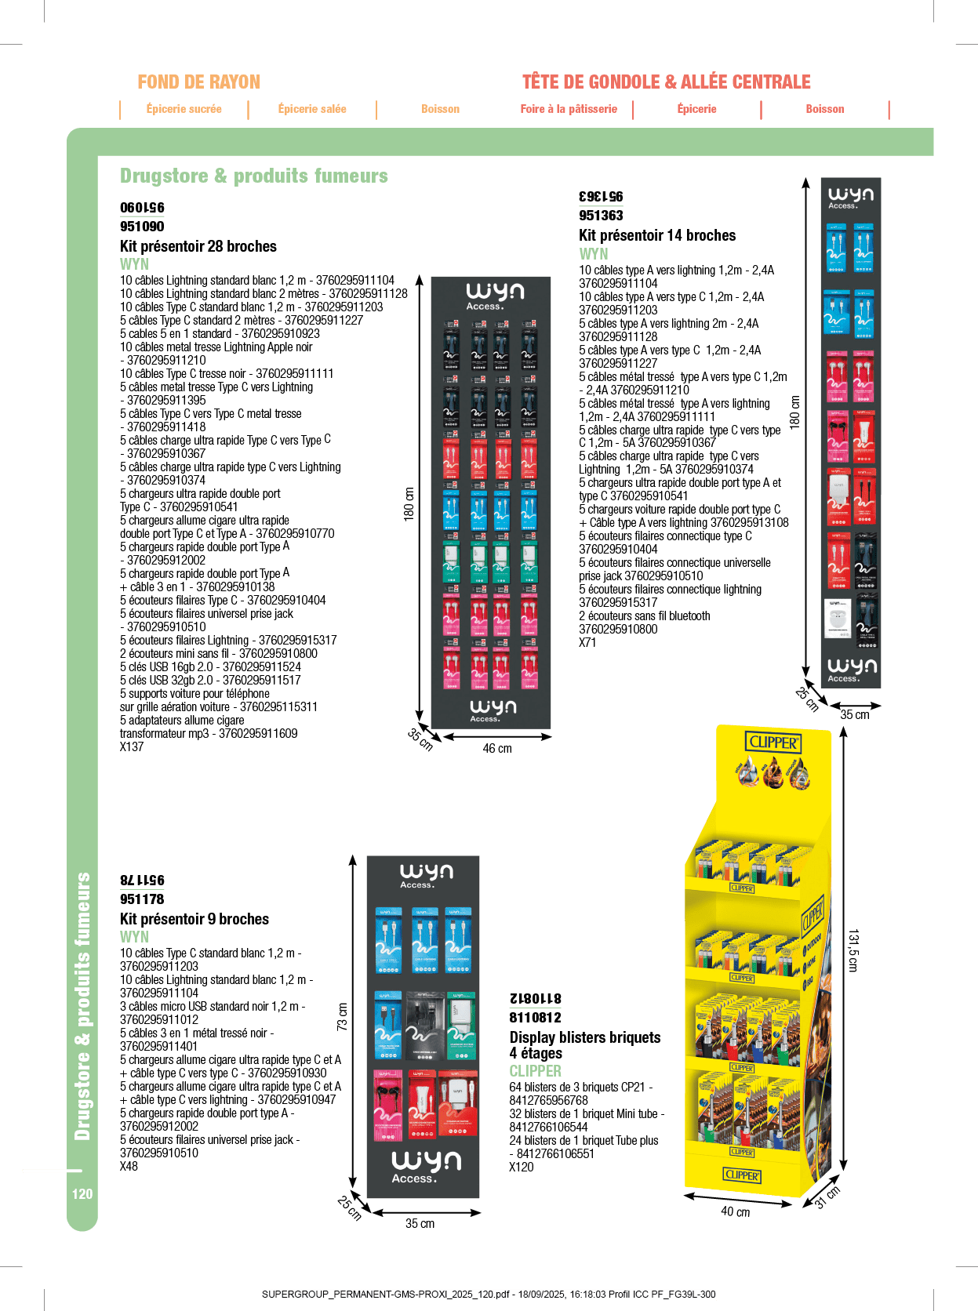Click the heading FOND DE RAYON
coord(198,82)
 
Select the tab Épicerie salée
coord(312,109)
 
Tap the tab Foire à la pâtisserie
coord(569,109)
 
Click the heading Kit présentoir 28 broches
coord(198,246)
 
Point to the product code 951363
coord(601,216)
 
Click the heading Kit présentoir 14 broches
coord(657,235)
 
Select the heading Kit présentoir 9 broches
coord(195,919)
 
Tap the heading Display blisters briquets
coord(585,1037)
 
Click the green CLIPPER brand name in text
coord(535,1071)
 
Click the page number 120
coord(82,1194)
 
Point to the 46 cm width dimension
coord(496,749)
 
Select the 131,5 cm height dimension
coord(853,951)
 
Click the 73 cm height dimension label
coord(342,1017)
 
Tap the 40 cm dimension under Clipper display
coord(735,1211)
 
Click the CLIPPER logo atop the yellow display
coord(773,742)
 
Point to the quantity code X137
coord(132,747)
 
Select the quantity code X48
coord(129,1166)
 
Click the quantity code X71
coord(587,643)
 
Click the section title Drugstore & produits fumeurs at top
coord(254,176)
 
